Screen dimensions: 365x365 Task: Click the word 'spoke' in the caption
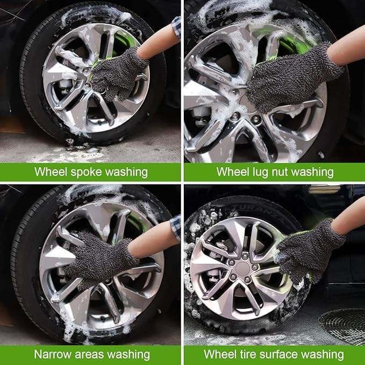coord(86,173)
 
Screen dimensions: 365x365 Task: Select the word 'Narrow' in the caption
coord(53,355)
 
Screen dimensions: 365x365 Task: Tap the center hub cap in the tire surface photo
coord(242,269)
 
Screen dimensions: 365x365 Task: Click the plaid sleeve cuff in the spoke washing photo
coord(177,28)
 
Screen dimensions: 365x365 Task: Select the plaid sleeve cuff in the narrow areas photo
coord(176,228)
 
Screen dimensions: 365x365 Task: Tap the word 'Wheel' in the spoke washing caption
coord(51,172)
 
